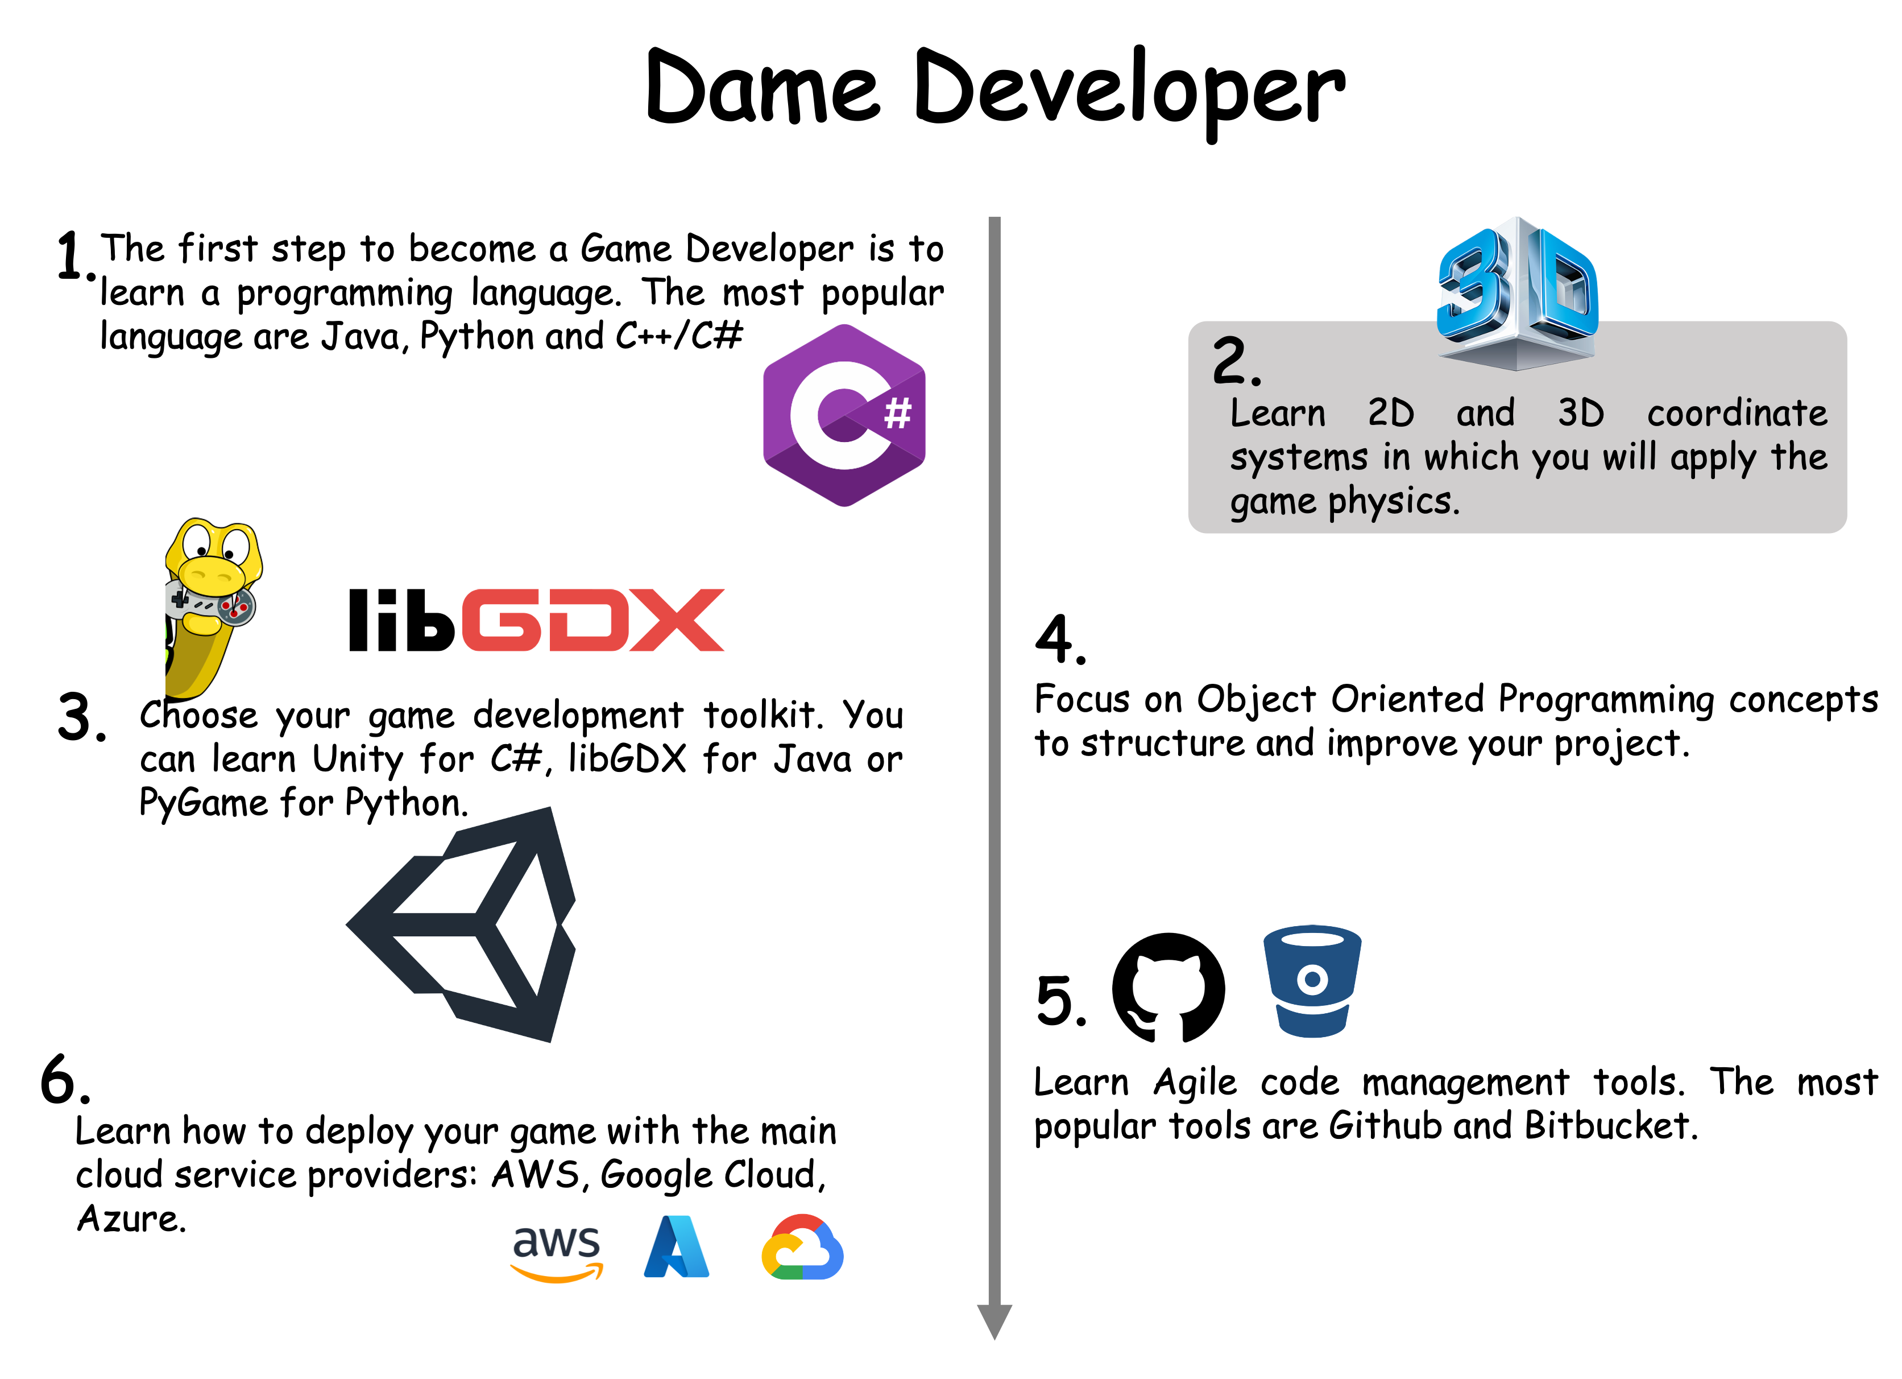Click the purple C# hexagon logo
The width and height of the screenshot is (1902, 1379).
coord(844,415)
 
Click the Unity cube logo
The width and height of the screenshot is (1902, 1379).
coord(461,924)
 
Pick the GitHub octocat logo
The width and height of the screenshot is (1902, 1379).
coord(1168,988)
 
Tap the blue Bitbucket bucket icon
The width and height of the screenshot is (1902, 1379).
coord(1312,981)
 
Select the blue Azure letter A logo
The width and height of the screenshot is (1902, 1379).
coord(677,1246)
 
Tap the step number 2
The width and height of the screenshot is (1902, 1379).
coord(1236,360)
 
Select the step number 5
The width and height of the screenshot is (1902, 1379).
coord(1062,1001)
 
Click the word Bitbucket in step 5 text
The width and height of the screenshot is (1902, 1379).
coord(1610,1126)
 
